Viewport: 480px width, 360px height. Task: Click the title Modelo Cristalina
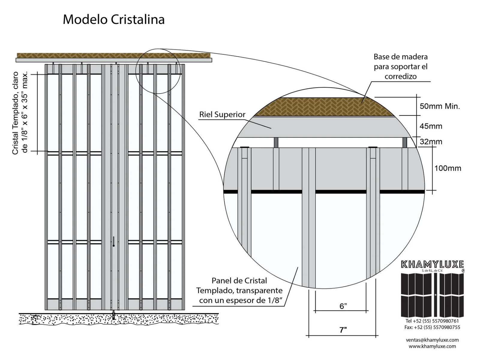114,19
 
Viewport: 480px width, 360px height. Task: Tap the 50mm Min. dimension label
439,106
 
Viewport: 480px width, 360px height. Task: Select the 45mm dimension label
431,126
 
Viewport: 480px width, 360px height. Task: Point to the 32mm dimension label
431,142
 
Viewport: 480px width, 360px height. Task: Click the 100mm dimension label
448,168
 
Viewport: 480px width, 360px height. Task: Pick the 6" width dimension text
343,306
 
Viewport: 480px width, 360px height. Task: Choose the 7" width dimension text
343,330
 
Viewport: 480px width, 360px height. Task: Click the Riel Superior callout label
222,115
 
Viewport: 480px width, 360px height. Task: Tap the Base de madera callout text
400,66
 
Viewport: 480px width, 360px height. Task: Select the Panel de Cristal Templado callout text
240,290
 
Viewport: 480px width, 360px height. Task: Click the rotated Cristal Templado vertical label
20,113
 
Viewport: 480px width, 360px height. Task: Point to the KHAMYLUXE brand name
432,264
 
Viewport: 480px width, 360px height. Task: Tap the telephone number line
432,321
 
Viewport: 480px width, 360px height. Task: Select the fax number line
432,327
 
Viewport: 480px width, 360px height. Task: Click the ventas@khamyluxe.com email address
432,340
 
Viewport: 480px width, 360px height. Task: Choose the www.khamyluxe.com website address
432,346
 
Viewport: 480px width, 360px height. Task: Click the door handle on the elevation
114,242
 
